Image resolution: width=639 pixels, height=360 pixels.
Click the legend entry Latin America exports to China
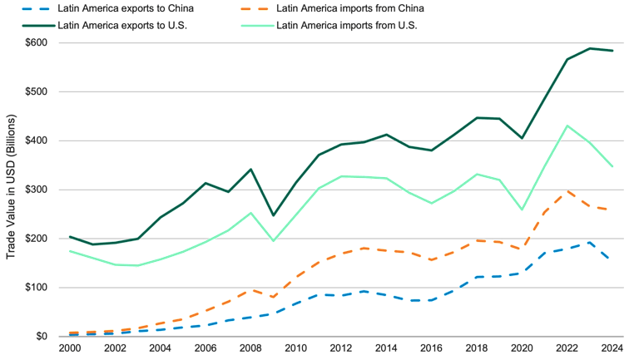click(125, 8)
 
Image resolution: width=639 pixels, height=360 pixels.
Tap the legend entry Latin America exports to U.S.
click(121, 25)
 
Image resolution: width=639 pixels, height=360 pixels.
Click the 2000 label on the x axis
click(70, 348)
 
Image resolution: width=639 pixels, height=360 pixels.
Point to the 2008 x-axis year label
click(250, 348)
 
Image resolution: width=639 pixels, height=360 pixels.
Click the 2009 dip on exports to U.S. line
click(274, 215)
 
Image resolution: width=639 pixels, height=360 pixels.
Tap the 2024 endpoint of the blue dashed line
click(613, 259)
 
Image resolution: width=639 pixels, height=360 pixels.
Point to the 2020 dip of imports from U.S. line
click(523, 210)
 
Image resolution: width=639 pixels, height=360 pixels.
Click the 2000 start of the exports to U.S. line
click(70, 237)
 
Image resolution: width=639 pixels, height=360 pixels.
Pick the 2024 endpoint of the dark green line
click(613, 51)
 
